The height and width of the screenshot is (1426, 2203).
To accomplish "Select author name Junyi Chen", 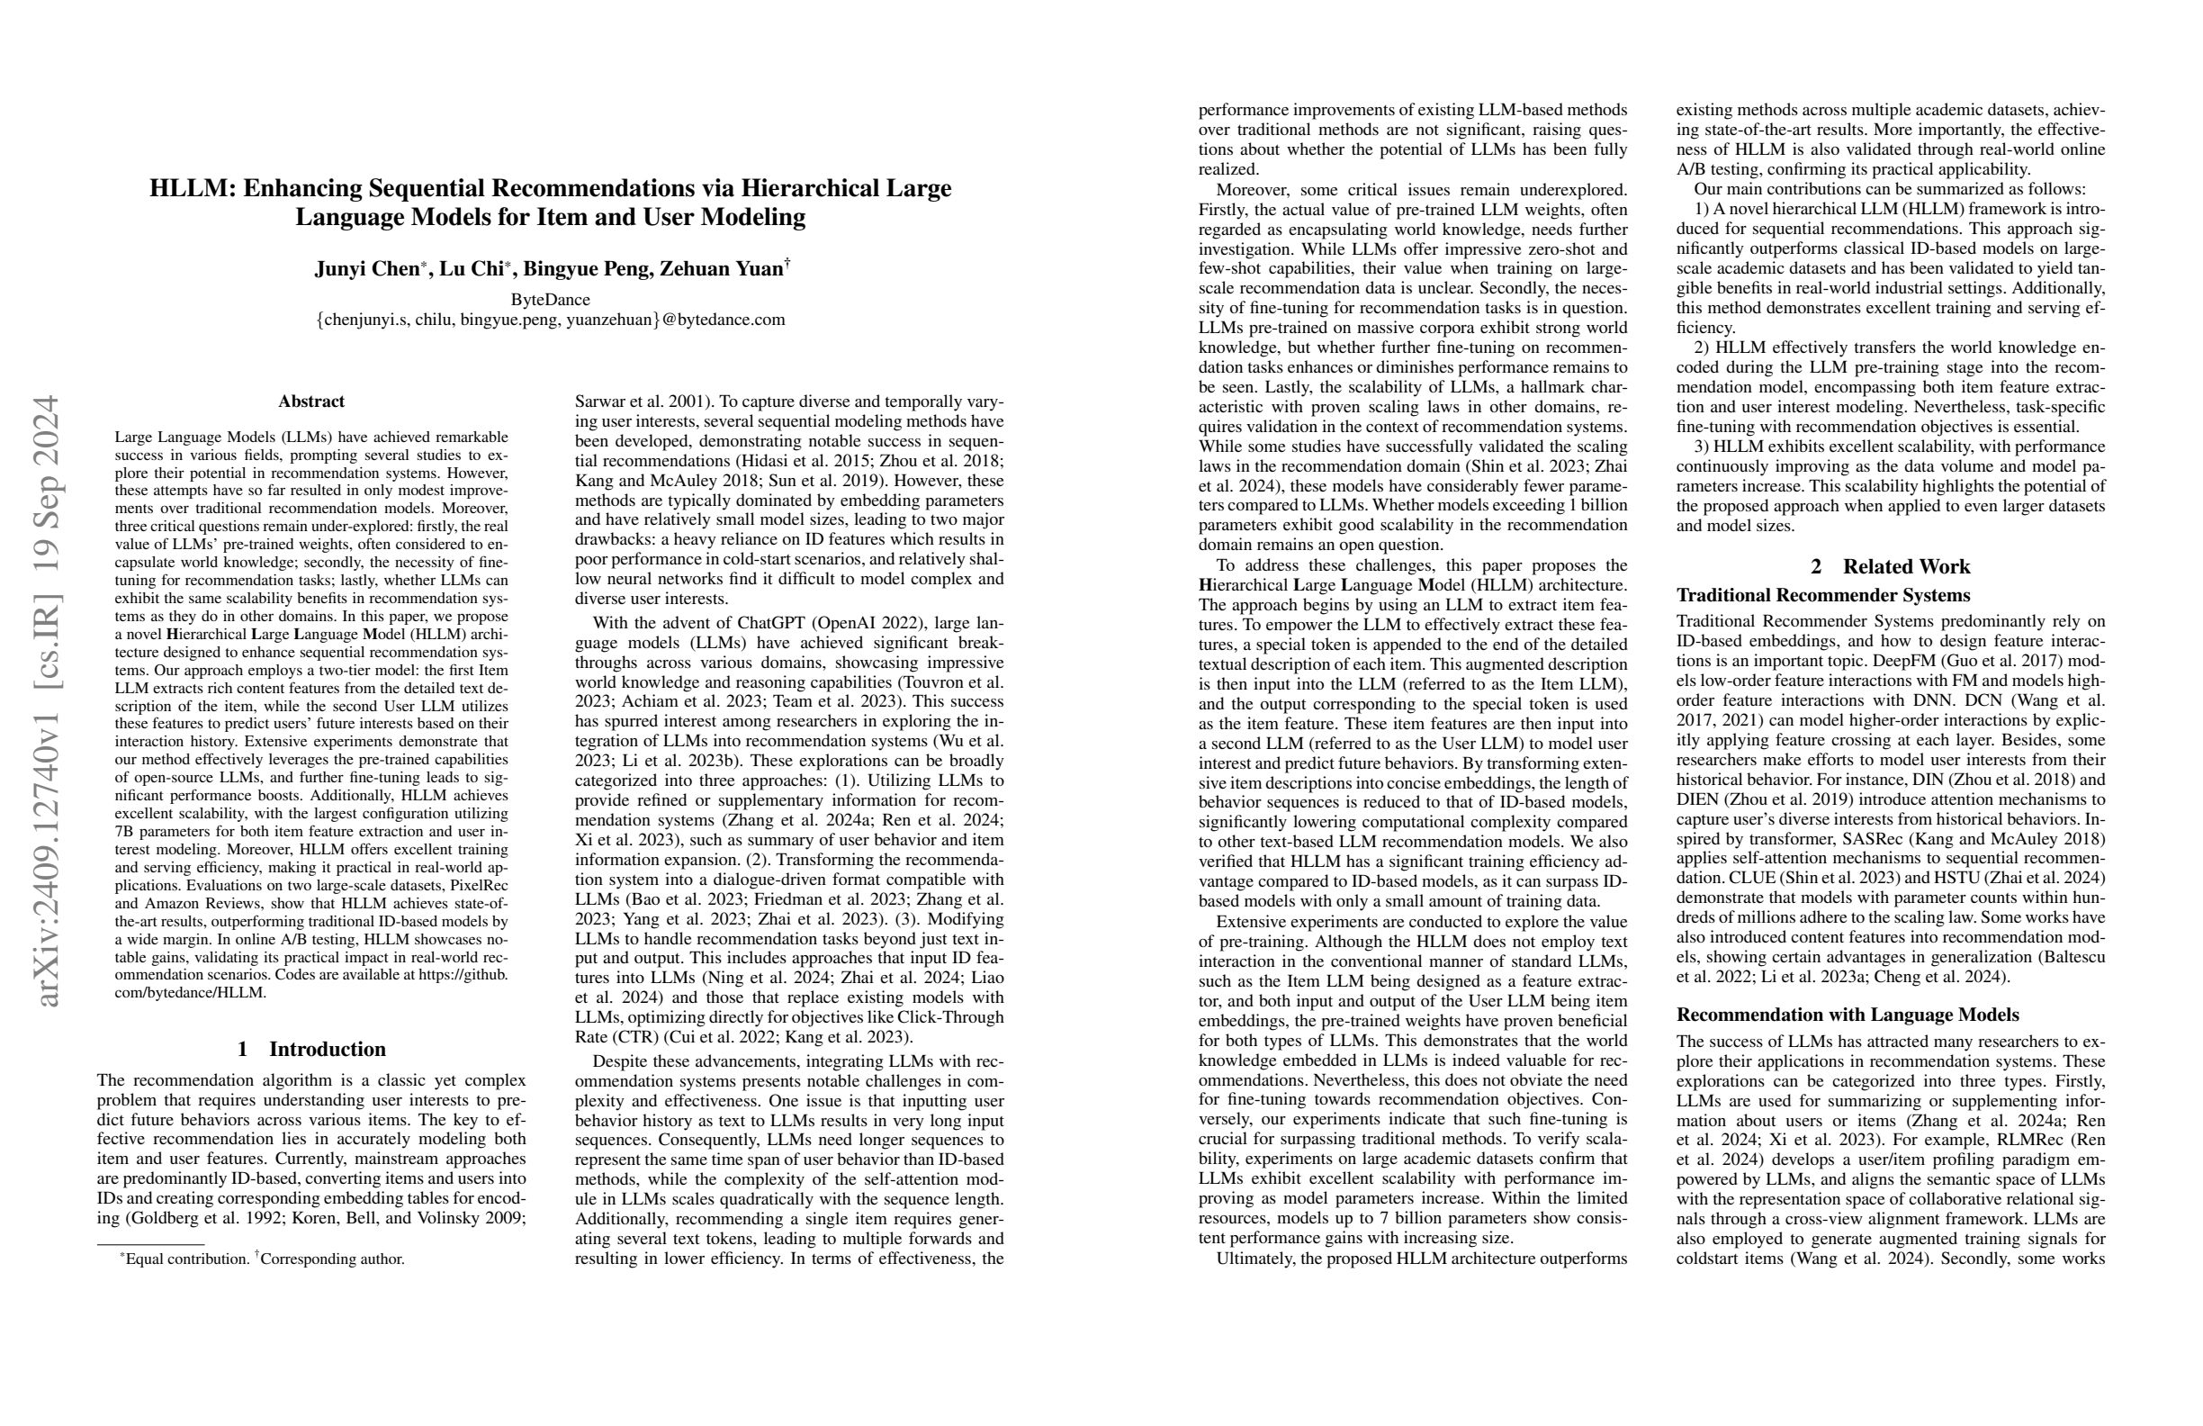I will click(366, 268).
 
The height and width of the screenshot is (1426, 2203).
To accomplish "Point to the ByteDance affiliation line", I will click(550, 299).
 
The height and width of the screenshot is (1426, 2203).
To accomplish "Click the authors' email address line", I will click(550, 320).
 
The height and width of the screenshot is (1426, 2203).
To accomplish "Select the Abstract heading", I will click(311, 401).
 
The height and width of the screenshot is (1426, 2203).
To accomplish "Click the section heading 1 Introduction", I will click(311, 1049).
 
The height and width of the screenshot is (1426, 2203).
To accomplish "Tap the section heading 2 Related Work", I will click(1890, 565).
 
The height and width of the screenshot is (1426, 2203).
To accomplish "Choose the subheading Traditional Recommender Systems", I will click(1821, 594).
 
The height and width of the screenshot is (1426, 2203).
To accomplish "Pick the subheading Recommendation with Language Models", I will click(1847, 1014).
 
